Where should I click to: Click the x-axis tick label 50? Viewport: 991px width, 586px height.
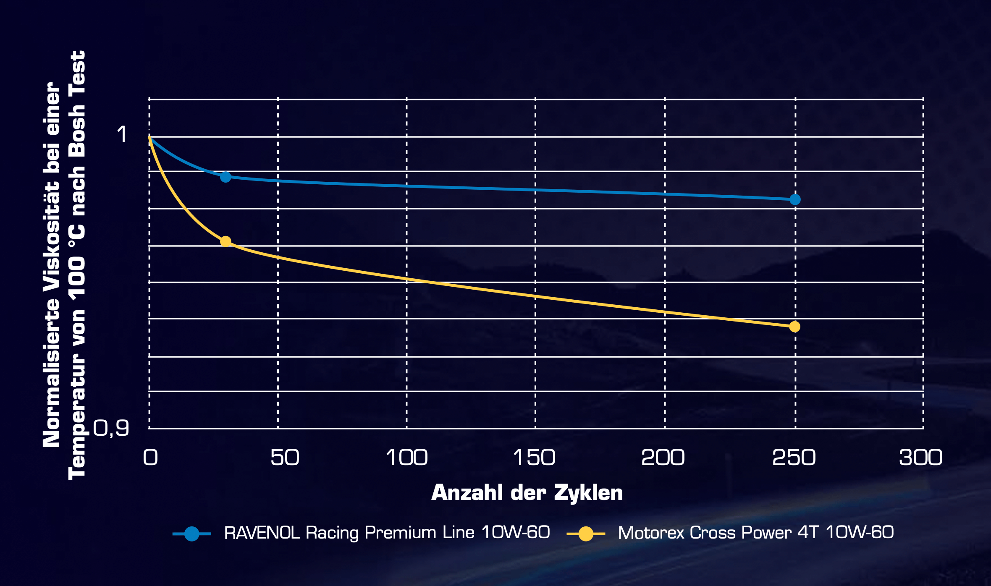[x=285, y=458]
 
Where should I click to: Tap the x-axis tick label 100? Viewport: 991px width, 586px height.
[x=406, y=458]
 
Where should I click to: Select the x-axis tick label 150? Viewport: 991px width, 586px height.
[x=534, y=458]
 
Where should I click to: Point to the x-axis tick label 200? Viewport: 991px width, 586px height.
[x=663, y=458]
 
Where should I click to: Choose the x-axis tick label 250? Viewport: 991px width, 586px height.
[x=794, y=458]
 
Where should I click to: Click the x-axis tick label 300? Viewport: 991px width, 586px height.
[x=920, y=458]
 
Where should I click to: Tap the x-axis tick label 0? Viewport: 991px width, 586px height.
[x=150, y=458]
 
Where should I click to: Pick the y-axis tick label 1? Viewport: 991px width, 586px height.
[x=122, y=134]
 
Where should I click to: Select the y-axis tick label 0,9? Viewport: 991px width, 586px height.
[x=111, y=428]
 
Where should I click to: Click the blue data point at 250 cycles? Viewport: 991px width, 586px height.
[x=795, y=199]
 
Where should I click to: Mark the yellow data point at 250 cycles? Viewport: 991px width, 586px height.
[x=794, y=327]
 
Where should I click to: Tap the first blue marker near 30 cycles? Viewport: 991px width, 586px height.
[x=225, y=177]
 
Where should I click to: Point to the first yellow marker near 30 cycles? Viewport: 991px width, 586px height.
[x=225, y=241]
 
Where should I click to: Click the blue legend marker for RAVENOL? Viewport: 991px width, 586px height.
[x=192, y=534]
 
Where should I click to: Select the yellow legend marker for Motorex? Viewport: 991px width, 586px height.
[x=586, y=534]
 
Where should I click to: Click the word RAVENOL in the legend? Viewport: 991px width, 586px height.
[x=262, y=533]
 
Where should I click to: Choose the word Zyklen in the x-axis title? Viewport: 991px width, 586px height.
[x=588, y=493]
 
